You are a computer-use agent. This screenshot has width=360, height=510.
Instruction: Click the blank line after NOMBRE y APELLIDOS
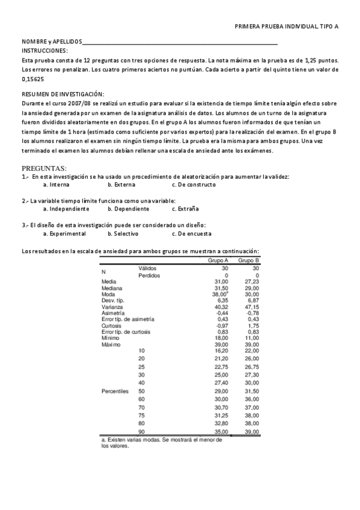coord(180,43)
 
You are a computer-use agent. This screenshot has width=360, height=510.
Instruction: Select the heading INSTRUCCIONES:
coord(44,51)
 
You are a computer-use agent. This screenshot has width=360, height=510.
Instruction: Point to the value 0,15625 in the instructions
coord(32,79)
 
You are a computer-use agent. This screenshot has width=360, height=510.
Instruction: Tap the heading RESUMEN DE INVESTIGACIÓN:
coord(63,94)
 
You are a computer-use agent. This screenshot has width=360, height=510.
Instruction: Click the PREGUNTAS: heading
coord(44,168)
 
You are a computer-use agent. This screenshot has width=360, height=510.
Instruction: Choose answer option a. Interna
coord(60,185)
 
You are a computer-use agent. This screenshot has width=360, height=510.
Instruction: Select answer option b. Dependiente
coord(128,209)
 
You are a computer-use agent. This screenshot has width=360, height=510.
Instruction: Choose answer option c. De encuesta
coord(192,233)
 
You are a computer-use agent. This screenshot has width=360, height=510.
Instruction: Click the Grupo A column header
coord(218,261)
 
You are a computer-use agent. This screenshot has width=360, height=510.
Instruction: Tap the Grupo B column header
coord(248,261)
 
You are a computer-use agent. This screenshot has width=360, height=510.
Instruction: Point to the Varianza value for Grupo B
coord(251,307)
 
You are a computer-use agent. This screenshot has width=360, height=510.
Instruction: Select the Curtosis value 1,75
coord(252,325)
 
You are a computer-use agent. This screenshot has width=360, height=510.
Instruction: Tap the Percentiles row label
coord(115,391)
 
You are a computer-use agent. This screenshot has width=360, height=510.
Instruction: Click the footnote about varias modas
coord(161,443)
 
